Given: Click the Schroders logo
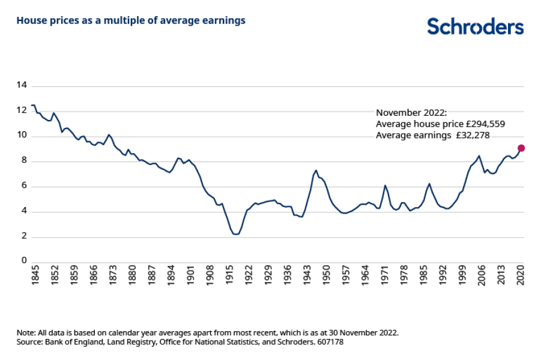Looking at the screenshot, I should point(475,26).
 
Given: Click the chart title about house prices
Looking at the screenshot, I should point(131,20).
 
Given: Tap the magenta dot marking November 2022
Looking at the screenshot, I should point(521,148).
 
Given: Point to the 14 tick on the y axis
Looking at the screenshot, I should point(22,85).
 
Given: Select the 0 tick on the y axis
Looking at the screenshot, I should point(24,261).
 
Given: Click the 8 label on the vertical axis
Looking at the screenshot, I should point(24,161).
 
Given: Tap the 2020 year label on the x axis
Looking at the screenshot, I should point(521,278).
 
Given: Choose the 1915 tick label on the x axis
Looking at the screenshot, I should point(229,278).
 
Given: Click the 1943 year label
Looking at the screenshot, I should point(307,278).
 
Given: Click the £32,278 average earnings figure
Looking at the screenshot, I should point(471,136).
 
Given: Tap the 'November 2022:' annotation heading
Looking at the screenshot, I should point(411,113).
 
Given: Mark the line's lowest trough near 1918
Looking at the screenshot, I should point(236,234).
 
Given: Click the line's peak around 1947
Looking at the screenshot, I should point(316,170).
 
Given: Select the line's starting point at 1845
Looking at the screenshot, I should point(32,105).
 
